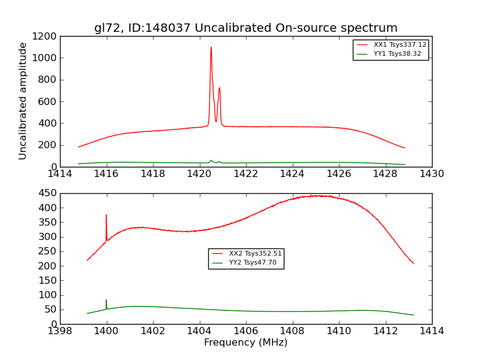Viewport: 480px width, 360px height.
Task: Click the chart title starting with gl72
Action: tap(245, 28)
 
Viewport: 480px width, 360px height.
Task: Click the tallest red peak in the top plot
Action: tap(211, 48)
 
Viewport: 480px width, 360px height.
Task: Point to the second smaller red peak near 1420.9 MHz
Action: tap(220, 89)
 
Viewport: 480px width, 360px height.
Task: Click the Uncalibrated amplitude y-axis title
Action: tap(23, 101)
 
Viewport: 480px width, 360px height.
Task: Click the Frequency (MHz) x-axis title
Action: tap(245, 343)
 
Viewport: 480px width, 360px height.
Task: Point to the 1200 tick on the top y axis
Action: tap(46, 36)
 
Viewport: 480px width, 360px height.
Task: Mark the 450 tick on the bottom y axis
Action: tap(48, 193)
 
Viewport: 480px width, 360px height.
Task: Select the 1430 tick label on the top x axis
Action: tap(431, 174)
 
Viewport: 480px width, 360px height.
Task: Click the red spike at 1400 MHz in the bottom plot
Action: tap(106, 216)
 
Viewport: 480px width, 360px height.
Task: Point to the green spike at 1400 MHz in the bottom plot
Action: tap(106, 301)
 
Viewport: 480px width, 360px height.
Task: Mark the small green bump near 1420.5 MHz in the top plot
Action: tap(211, 160)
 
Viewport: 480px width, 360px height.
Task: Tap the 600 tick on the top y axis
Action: tap(49, 101)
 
